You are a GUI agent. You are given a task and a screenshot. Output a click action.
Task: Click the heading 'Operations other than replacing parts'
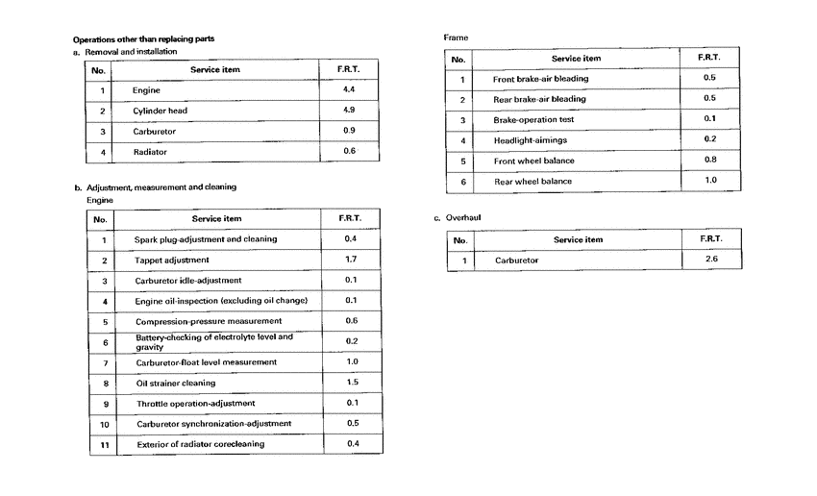(x=143, y=38)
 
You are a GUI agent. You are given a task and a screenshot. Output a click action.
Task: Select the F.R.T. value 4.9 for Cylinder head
(x=349, y=110)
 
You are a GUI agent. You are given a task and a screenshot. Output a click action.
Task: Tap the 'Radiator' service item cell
(x=150, y=152)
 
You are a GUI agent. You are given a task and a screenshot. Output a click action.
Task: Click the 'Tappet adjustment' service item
(x=172, y=260)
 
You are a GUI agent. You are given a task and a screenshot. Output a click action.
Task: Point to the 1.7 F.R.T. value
(x=351, y=260)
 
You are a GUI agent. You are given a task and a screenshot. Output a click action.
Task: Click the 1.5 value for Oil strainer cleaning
(x=351, y=382)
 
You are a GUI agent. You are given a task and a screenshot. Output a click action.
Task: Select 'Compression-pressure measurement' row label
(x=208, y=321)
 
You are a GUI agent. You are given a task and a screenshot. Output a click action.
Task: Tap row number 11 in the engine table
(x=104, y=444)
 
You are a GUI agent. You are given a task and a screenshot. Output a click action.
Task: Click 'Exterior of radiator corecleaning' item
(x=200, y=444)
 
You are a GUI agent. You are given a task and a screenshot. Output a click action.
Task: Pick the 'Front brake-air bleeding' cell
(x=540, y=79)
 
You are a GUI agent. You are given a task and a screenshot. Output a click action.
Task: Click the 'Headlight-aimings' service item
(x=530, y=140)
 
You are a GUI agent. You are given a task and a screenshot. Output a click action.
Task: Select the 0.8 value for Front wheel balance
(x=709, y=160)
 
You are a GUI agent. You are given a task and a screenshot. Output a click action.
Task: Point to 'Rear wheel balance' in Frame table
(x=533, y=181)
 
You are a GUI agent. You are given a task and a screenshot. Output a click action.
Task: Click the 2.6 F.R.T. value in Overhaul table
(x=709, y=260)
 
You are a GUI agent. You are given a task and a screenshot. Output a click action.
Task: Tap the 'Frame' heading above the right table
(x=456, y=37)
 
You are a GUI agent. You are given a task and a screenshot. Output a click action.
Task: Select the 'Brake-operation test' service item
(x=534, y=120)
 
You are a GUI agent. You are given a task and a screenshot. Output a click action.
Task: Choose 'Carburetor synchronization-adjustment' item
(x=213, y=424)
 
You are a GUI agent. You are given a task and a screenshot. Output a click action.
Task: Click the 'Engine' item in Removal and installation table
(x=146, y=90)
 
